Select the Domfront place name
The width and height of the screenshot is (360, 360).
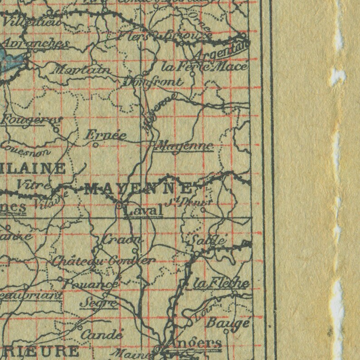click(153, 82)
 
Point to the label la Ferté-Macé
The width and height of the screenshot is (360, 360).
click(205, 67)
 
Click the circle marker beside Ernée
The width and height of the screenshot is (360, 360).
click(96, 146)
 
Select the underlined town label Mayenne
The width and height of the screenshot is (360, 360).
click(183, 146)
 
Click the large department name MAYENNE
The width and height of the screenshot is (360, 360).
click(138, 188)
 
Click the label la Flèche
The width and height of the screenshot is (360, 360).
click(221, 283)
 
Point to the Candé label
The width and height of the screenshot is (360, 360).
click(102, 335)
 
